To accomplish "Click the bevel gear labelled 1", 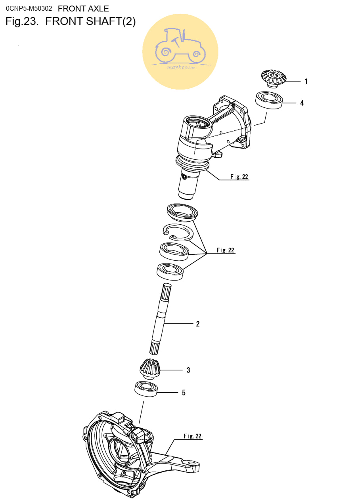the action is (x=273, y=78).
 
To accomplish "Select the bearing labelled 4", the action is (x=269, y=100).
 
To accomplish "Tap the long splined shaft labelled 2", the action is (x=160, y=318).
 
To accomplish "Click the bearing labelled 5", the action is (x=146, y=389).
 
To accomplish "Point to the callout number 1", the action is (x=306, y=82).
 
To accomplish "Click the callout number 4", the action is (x=302, y=103).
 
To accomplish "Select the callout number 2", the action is (x=198, y=324).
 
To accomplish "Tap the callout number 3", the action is (x=188, y=370).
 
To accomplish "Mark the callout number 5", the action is (x=184, y=393).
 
